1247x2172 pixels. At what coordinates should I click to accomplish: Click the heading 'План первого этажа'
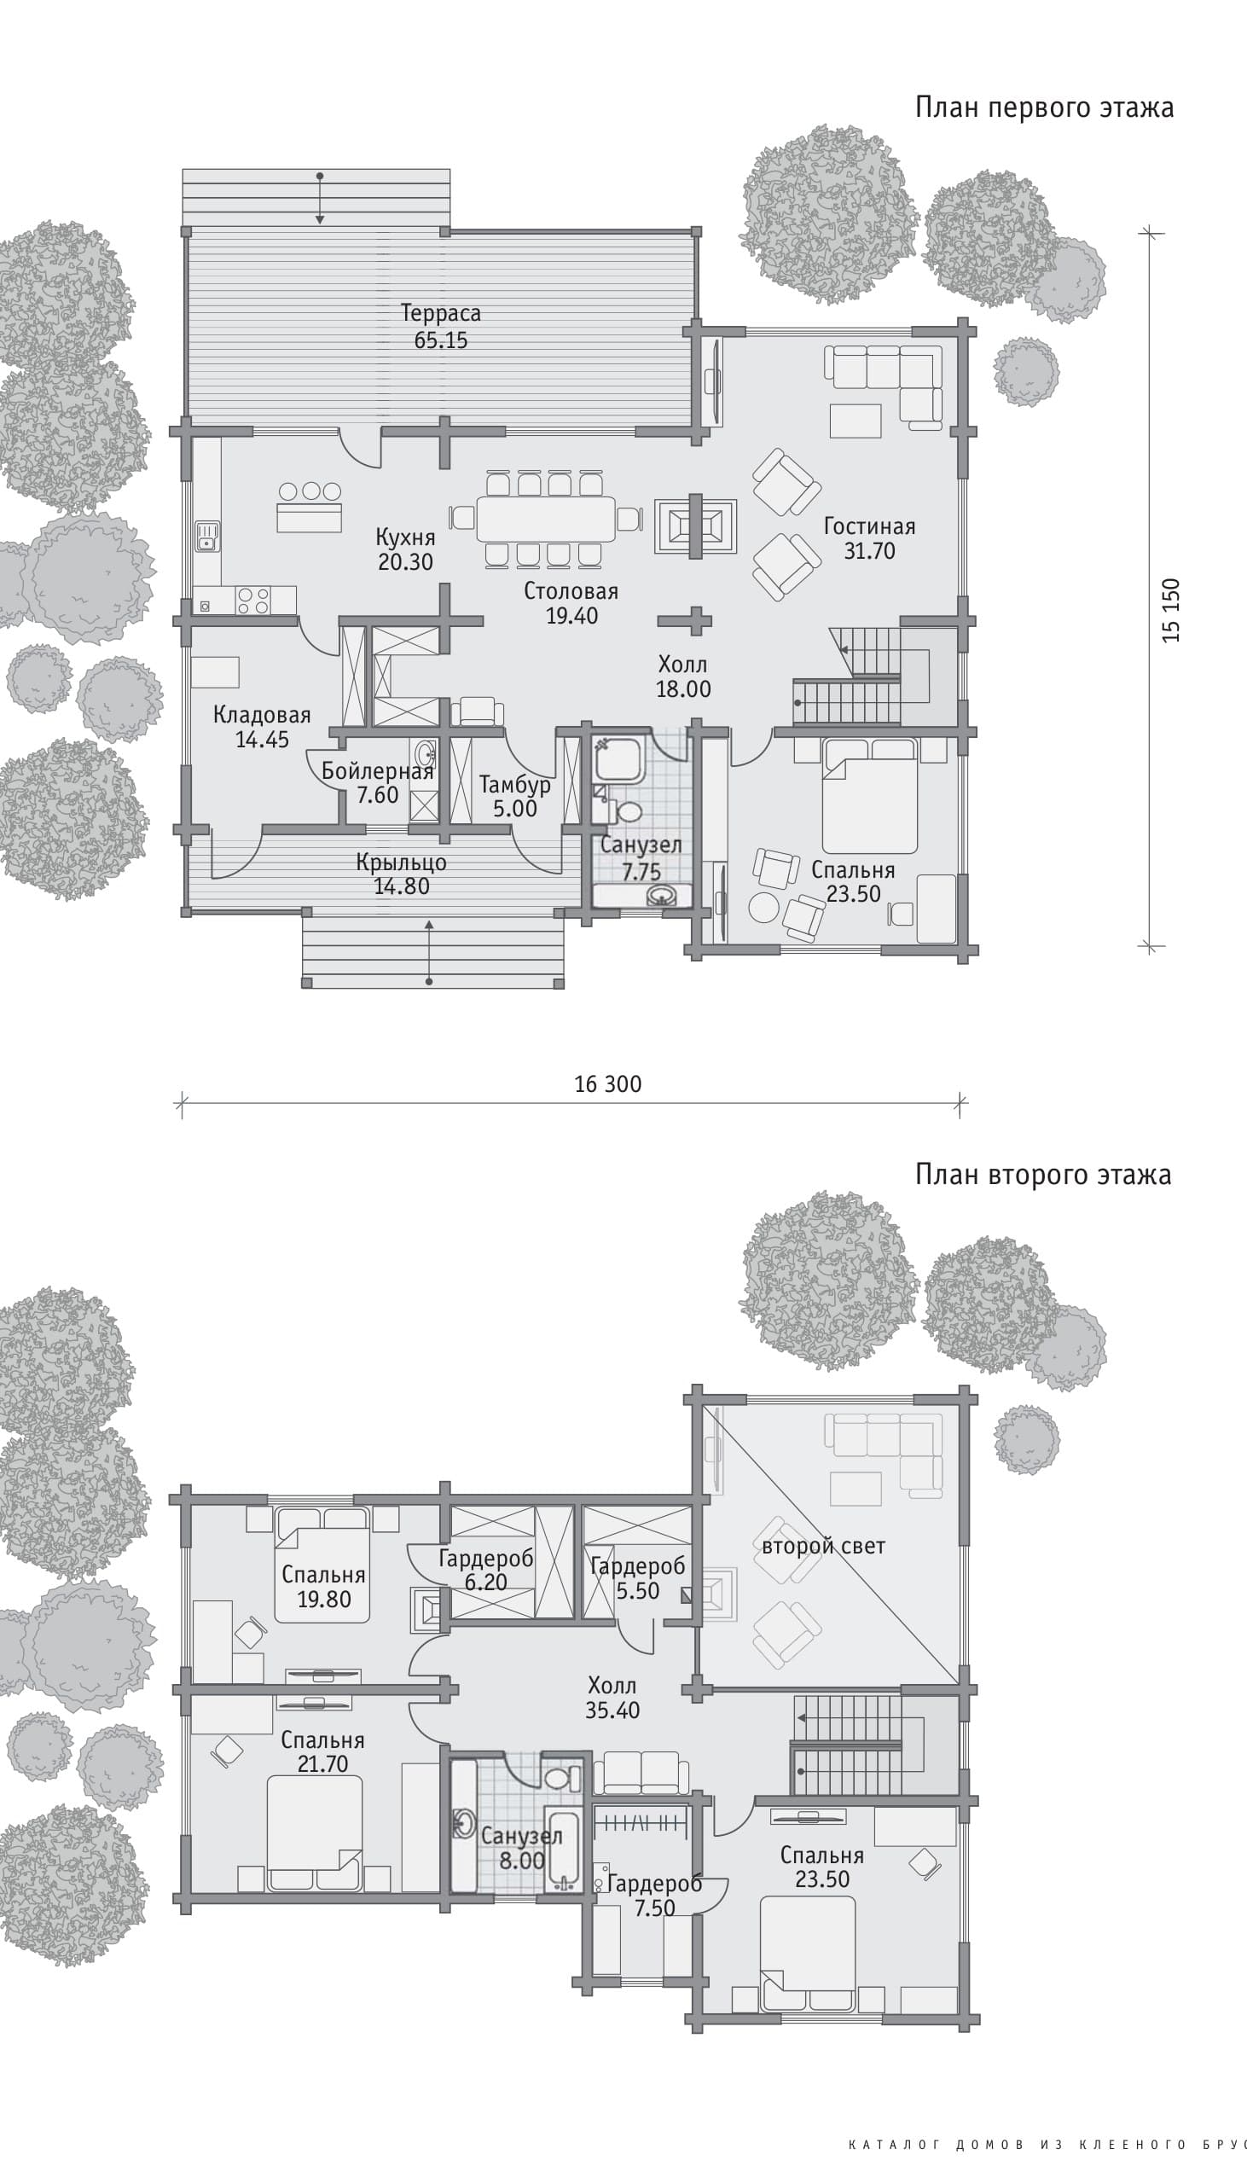[x=1044, y=107]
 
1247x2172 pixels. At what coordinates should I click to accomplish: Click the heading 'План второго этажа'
[x=1043, y=1174]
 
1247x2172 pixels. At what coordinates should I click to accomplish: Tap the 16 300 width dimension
[x=607, y=1084]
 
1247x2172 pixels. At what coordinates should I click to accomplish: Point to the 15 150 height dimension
[x=1171, y=610]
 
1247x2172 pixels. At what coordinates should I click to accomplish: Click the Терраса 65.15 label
[x=441, y=327]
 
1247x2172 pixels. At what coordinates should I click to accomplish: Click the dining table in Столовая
[x=547, y=518]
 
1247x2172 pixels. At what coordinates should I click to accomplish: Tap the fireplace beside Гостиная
[x=694, y=524]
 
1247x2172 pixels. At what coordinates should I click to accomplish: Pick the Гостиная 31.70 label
[x=869, y=537]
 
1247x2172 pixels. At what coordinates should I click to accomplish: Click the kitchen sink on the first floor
[x=207, y=537]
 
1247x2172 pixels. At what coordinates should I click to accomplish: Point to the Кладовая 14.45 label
[x=262, y=727]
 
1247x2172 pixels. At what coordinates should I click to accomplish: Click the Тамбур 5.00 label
[x=514, y=797]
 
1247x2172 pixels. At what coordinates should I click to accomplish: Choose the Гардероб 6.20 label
[x=485, y=1570]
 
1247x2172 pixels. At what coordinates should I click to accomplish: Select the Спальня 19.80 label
[x=324, y=1587]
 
